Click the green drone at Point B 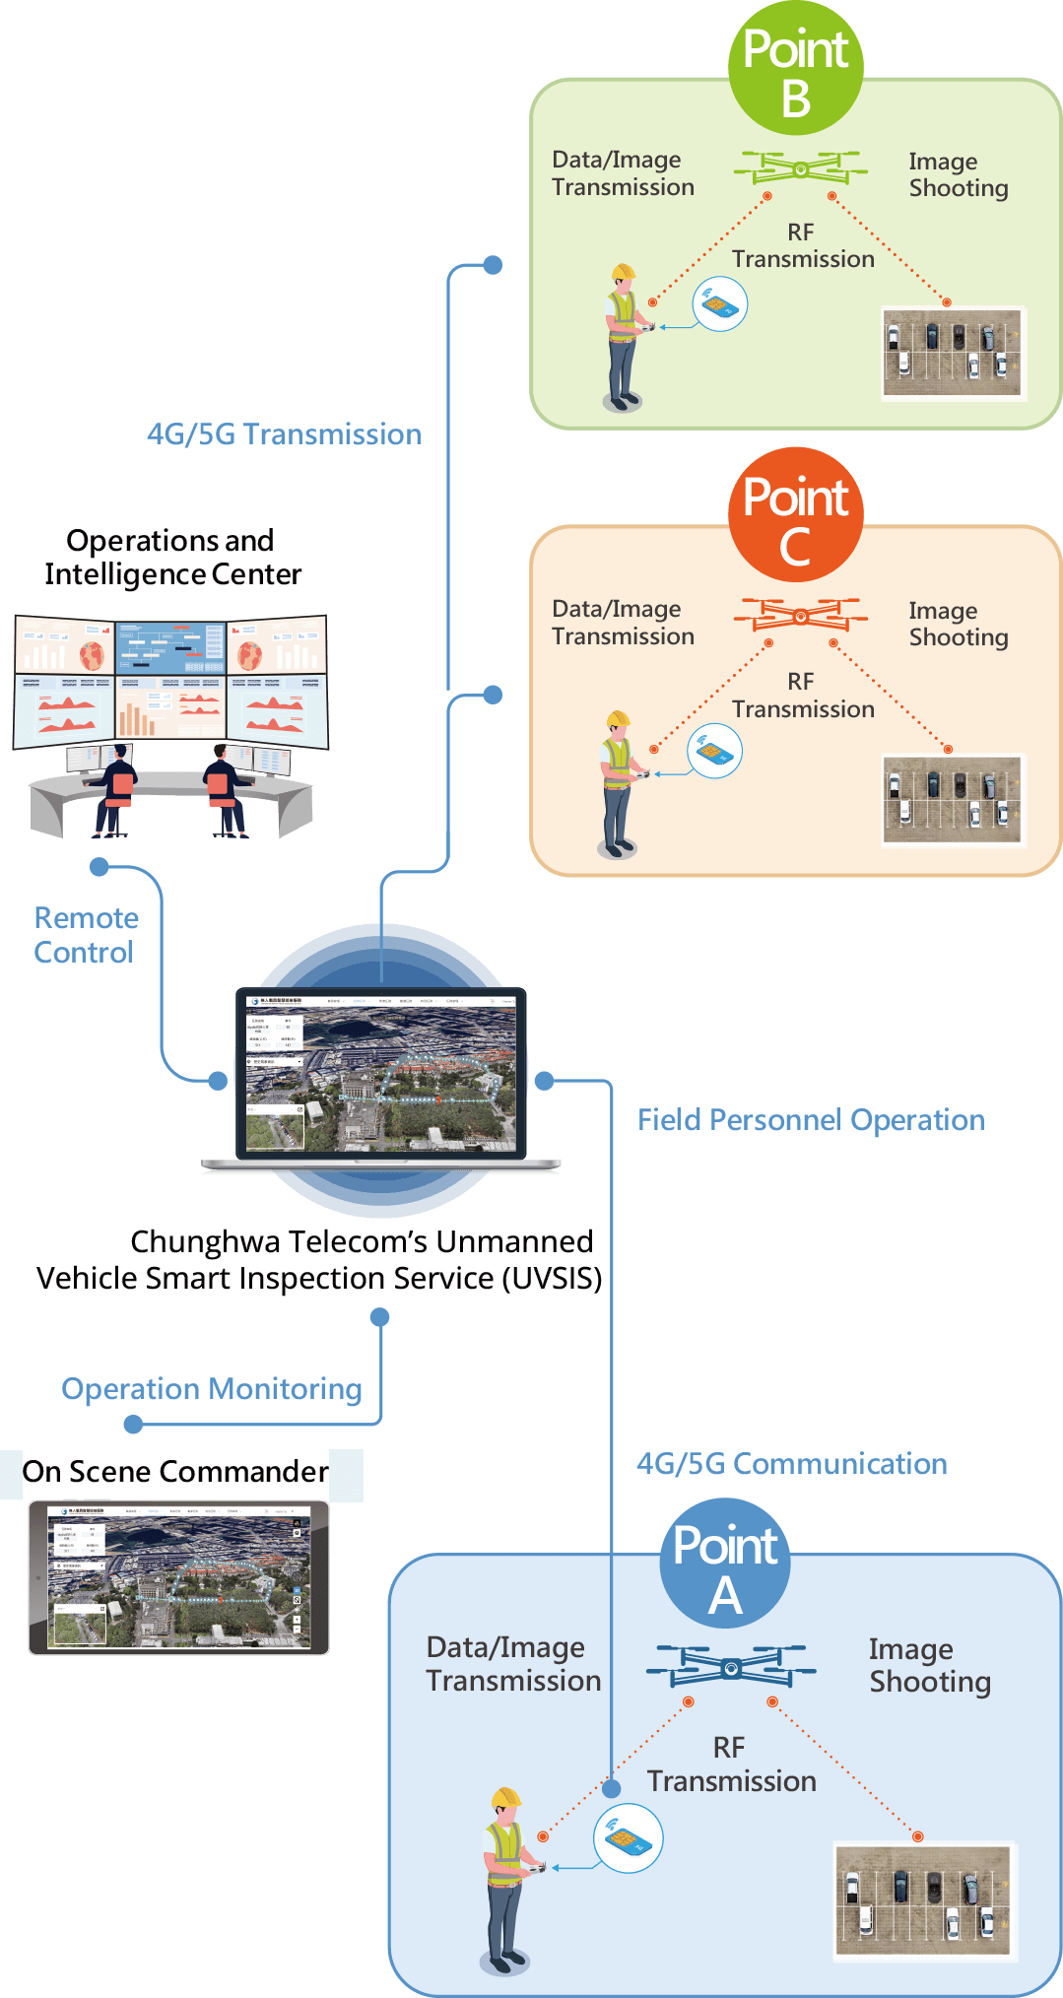pyautogui.click(x=800, y=168)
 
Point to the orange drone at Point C pyautogui.click(x=800, y=616)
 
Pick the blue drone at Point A pyautogui.click(x=730, y=1667)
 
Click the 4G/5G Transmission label pyautogui.click(x=284, y=434)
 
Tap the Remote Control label pyautogui.click(x=86, y=935)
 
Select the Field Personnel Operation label pyautogui.click(x=811, y=1120)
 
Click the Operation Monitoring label pyautogui.click(x=212, y=1389)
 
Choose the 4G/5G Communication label pyautogui.click(x=791, y=1464)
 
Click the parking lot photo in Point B pyautogui.click(x=952, y=353)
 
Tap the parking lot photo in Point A pyautogui.click(x=922, y=1900)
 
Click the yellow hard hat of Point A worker pyautogui.click(x=505, y=1797)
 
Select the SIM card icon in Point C pyautogui.click(x=714, y=752)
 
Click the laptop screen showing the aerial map pyautogui.click(x=380, y=1073)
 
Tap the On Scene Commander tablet pyautogui.click(x=178, y=1576)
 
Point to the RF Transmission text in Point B pyautogui.click(x=802, y=246)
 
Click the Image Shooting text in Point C pyautogui.click(x=958, y=624)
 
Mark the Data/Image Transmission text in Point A pyautogui.click(x=512, y=1664)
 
